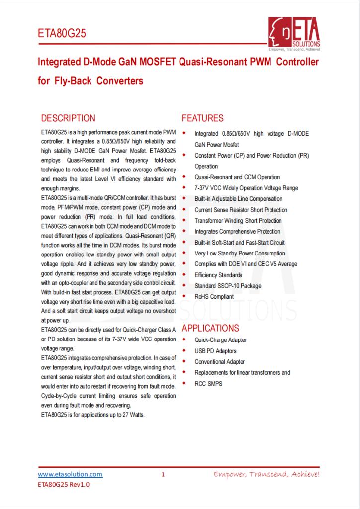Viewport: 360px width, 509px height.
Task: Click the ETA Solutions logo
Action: tap(294, 35)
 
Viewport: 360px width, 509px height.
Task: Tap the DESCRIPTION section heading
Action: tap(68, 118)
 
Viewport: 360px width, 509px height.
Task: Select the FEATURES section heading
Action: tap(203, 118)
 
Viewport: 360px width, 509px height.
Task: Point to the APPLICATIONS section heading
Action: tap(210, 328)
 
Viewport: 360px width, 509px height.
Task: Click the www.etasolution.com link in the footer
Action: tap(70, 474)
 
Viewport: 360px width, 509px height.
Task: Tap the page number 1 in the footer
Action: tap(163, 475)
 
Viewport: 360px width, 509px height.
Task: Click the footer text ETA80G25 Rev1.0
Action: tap(64, 484)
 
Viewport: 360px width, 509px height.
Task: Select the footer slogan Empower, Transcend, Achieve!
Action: tap(267, 474)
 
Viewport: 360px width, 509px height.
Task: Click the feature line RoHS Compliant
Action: tap(214, 297)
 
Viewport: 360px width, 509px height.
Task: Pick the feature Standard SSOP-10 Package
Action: tap(228, 286)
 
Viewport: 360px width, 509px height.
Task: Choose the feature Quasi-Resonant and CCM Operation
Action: tap(237, 177)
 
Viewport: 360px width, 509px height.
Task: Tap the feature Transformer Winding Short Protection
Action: tap(238, 221)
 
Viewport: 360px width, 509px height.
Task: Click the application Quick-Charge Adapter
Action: tap(221, 340)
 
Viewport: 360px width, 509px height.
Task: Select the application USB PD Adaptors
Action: tap(215, 351)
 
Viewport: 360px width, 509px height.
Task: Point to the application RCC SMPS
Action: tap(209, 383)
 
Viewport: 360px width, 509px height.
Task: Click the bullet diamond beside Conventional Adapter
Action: tap(185, 361)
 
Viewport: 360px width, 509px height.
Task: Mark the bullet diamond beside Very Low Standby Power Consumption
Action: tap(185, 253)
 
